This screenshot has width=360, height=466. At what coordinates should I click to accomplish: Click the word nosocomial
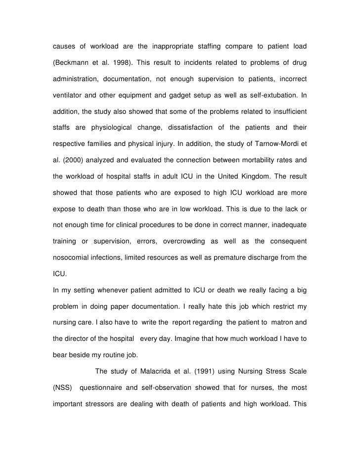[x=72, y=257]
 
